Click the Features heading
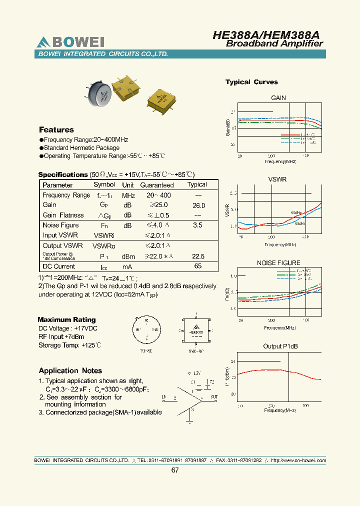56,130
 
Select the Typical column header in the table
197,184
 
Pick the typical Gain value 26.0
198,205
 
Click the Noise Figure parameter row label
60,225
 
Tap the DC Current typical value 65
198,266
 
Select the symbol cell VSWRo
104,246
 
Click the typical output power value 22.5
198,256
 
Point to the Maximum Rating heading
66,319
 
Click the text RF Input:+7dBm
61,336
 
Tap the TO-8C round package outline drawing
146,330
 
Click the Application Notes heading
70,370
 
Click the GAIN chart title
278,98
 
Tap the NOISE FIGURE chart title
278,262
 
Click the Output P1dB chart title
280,346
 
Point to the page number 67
175,470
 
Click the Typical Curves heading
251,82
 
